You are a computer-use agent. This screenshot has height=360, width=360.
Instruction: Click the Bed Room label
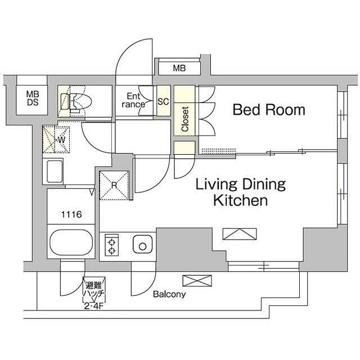click(x=269, y=110)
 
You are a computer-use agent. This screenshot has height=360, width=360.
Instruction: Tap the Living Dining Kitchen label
click(x=241, y=192)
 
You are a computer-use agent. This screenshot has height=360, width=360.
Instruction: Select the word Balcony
click(x=169, y=295)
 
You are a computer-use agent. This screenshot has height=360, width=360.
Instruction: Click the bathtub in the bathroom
click(x=71, y=242)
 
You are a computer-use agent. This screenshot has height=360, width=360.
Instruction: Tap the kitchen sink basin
click(x=142, y=244)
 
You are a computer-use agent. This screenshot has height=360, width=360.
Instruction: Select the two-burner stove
click(x=112, y=245)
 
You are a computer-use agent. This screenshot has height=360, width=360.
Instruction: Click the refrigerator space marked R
click(x=114, y=185)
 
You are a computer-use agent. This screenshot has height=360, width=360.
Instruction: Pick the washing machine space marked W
click(x=56, y=139)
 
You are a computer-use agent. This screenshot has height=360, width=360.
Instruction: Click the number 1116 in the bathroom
click(x=71, y=214)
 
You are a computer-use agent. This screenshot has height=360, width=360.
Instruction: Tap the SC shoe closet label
click(x=163, y=101)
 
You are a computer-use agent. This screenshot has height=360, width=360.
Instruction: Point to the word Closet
click(x=185, y=119)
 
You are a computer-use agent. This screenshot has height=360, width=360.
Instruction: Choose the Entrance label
click(x=133, y=100)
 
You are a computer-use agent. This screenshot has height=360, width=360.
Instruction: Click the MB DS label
click(x=33, y=98)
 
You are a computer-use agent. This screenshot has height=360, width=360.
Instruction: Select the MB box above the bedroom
click(x=179, y=68)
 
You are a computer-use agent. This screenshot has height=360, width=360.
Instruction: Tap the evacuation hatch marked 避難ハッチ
click(x=94, y=290)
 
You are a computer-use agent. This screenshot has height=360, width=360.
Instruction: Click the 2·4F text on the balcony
click(x=93, y=306)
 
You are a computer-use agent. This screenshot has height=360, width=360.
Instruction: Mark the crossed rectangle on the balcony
click(x=197, y=281)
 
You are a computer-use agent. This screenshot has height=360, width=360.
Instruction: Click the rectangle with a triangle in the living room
click(x=240, y=234)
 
